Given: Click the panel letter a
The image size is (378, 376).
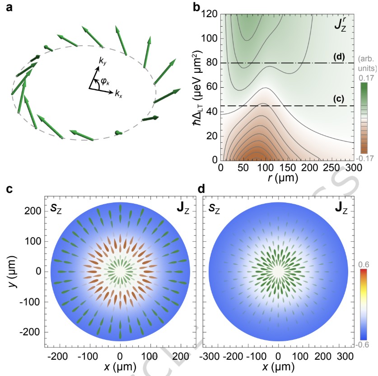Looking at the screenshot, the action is (9, 8).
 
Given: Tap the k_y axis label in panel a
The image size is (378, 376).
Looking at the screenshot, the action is (103, 61).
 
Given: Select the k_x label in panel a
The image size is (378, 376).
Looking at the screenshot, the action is (118, 94).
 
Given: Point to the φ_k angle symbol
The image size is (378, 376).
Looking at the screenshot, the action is (105, 82).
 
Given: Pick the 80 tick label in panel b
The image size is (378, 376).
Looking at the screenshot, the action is (212, 63).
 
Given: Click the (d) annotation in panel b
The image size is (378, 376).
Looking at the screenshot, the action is (339, 57).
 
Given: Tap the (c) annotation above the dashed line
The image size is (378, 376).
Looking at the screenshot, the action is (339, 99).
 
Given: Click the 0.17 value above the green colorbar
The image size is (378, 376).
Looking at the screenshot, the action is (366, 78).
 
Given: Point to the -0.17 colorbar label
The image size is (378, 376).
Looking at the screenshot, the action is (364, 159).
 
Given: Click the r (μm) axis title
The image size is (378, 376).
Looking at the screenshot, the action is (283, 178).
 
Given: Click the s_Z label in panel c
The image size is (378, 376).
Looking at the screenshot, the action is (56, 208).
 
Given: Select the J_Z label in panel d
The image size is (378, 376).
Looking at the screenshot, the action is (341, 208).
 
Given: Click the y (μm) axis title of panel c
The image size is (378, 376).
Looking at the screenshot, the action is (12, 272).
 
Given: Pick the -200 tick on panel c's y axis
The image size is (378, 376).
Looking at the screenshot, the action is (30, 332).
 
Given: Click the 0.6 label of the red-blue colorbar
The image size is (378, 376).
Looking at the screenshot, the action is (364, 264).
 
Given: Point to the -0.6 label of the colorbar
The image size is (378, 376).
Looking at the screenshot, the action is (362, 345).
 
